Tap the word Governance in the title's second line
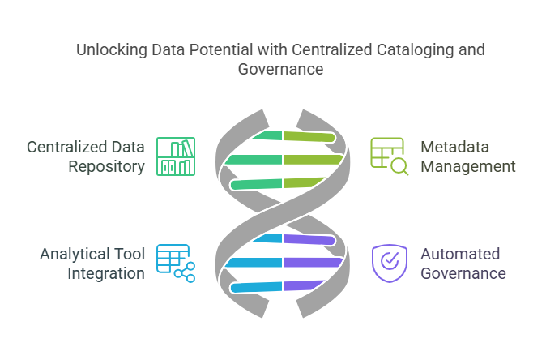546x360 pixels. (280, 70)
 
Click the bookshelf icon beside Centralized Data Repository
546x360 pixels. (176, 156)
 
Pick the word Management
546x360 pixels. (468, 167)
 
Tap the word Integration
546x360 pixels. (105, 273)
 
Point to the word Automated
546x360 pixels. (460, 254)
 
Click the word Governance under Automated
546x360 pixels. (463, 273)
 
